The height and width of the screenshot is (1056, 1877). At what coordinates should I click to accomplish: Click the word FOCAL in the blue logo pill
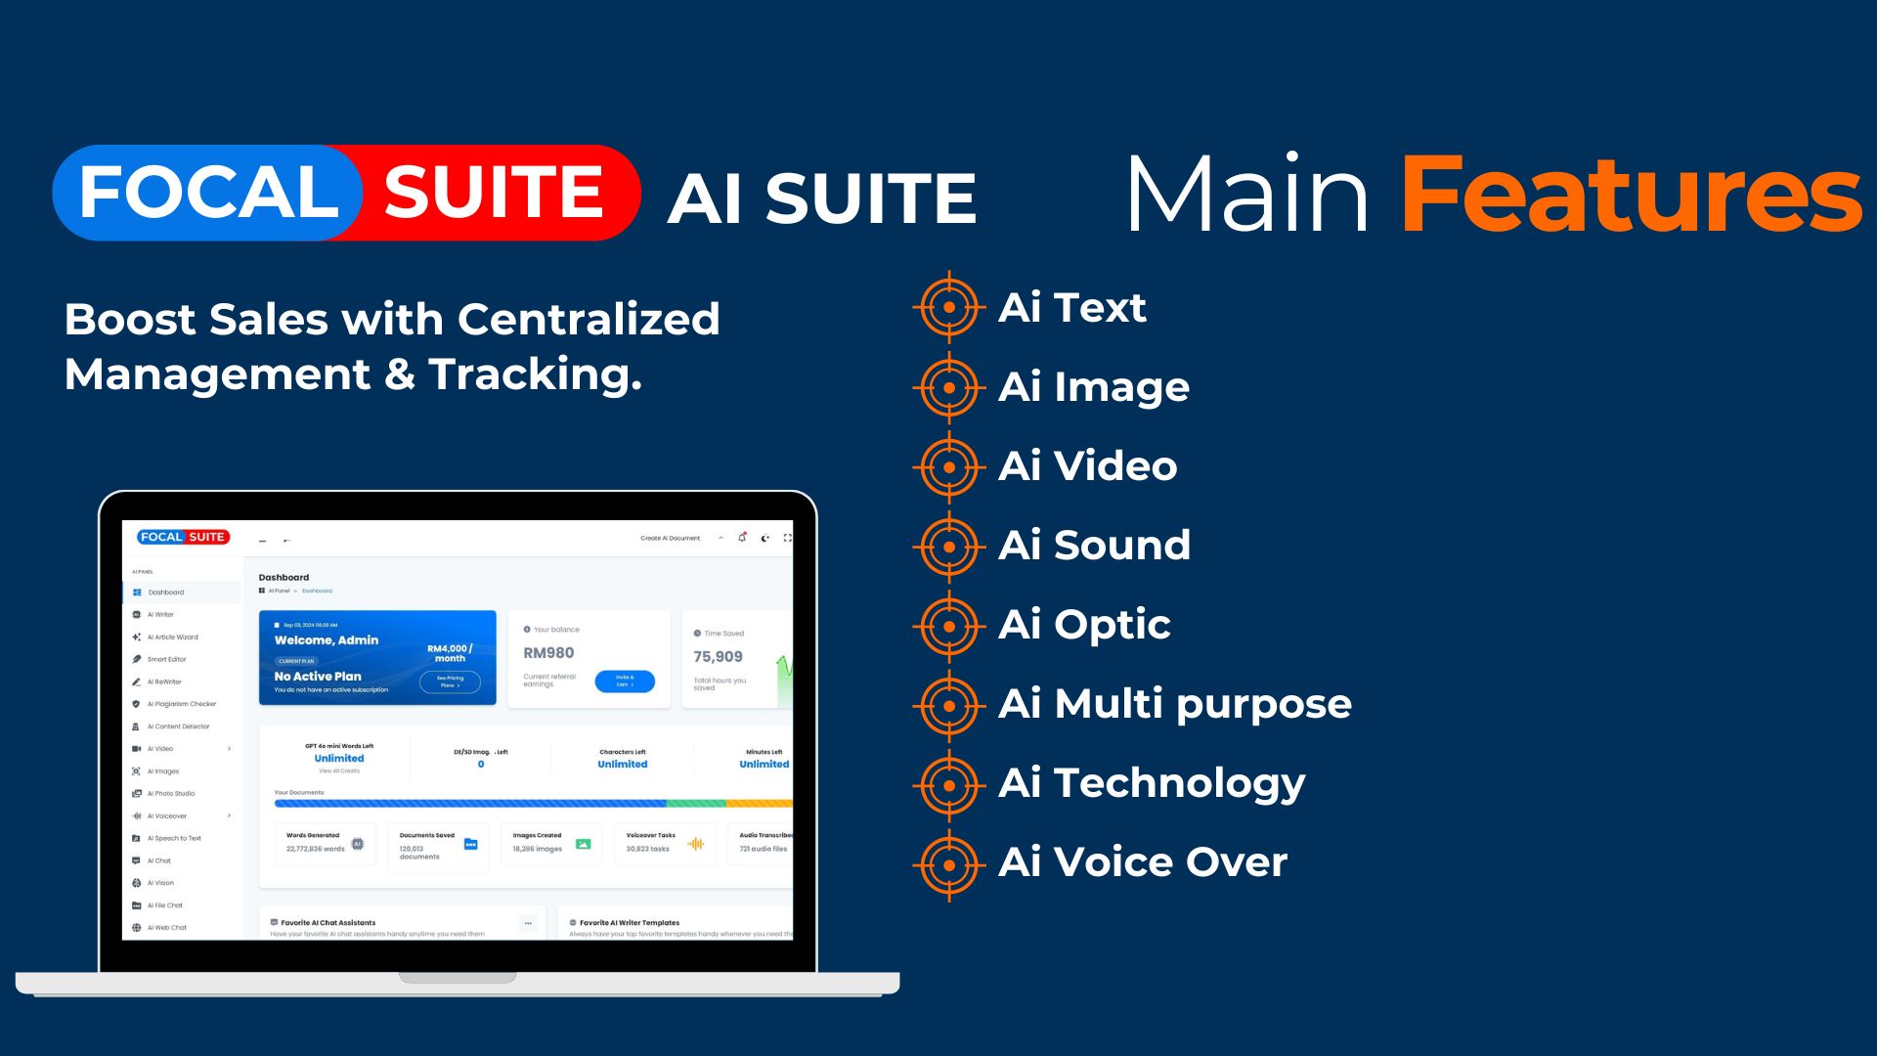[208, 192]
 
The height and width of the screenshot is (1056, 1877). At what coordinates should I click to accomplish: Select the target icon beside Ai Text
[948, 307]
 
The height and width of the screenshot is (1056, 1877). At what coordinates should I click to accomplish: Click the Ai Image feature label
[1093, 387]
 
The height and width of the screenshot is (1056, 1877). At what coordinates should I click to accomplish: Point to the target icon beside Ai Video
[948, 466]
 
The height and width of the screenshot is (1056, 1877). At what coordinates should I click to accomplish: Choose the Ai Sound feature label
[1094, 546]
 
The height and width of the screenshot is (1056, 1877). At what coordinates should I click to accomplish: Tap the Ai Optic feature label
[1084, 625]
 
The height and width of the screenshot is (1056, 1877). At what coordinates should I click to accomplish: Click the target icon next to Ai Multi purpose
[948, 704]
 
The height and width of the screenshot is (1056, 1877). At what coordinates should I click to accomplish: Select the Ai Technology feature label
[1152, 783]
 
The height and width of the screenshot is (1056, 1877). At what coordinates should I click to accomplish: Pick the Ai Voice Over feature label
[1142, 862]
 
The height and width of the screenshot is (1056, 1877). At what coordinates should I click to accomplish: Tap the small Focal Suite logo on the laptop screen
[183, 537]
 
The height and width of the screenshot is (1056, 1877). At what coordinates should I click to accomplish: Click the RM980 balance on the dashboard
[548, 653]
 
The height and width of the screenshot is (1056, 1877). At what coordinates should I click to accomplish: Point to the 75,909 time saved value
[718, 657]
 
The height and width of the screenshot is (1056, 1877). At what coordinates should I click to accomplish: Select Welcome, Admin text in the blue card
[327, 640]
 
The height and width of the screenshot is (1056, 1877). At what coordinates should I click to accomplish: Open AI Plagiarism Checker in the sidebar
[181, 704]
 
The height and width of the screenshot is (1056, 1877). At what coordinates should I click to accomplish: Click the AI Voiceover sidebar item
[167, 815]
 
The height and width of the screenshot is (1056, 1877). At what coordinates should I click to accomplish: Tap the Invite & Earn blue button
[625, 682]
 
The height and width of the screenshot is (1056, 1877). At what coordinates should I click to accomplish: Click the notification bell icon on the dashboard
[742, 538]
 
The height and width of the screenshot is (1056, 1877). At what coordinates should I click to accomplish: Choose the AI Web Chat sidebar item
[166, 928]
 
